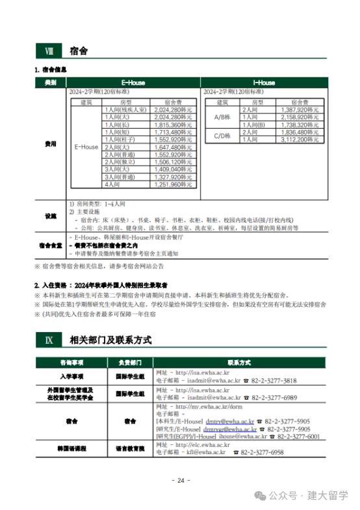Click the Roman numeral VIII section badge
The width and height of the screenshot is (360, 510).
pos(47,51)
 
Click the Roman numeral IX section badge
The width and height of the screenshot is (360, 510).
pos(47,339)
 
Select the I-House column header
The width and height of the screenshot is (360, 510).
pos(263,83)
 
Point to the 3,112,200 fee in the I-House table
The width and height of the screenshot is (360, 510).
pos(300,138)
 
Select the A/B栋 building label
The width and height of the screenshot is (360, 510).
pos(222,117)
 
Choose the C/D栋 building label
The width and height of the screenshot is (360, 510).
pos(222,135)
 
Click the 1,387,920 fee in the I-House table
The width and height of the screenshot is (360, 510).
pos(300,110)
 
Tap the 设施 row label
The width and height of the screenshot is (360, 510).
pos(51,216)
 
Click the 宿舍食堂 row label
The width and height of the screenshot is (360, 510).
pos(51,246)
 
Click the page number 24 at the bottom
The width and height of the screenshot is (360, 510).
pos(180,481)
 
